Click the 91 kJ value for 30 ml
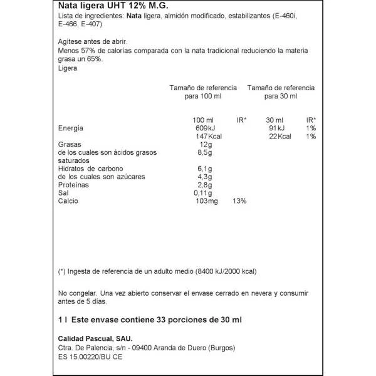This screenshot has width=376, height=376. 275,128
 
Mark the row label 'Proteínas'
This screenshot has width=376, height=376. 73,185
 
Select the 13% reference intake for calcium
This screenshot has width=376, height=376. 239,202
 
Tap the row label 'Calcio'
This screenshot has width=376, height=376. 68,202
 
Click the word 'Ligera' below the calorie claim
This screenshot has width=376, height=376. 67,69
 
